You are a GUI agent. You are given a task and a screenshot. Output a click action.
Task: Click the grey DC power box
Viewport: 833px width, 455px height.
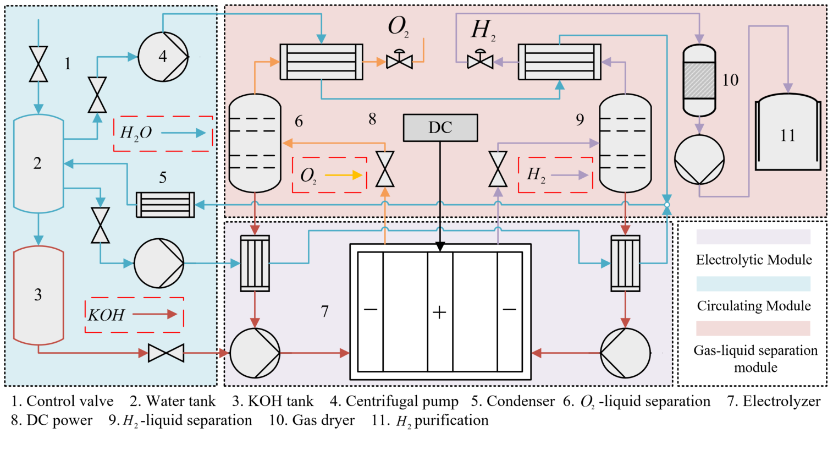click(x=440, y=128)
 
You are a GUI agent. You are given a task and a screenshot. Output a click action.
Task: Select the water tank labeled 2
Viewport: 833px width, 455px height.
click(x=38, y=163)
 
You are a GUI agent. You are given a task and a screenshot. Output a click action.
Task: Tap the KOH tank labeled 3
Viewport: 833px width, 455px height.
click(x=38, y=295)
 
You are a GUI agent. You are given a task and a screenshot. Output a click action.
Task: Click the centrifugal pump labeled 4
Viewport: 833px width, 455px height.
click(x=163, y=57)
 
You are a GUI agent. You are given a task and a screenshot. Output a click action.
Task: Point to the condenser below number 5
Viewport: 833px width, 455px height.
click(x=165, y=205)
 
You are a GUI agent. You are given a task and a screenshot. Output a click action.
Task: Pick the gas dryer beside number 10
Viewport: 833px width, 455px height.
click(x=699, y=80)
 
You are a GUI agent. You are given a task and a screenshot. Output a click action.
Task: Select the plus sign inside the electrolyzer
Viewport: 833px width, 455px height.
click(x=439, y=313)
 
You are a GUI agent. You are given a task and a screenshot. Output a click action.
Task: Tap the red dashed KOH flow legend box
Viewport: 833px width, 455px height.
click(x=134, y=315)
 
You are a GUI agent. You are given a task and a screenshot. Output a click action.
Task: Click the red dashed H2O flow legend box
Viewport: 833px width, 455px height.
click(x=163, y=133)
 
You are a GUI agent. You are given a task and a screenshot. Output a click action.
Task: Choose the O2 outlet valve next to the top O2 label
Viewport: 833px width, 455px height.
click(x=399, y=61)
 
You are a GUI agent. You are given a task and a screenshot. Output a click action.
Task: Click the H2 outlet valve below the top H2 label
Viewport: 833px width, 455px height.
click(x=480, y=61)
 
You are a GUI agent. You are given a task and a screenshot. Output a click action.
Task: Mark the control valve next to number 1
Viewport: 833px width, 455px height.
click(x=38, y=64)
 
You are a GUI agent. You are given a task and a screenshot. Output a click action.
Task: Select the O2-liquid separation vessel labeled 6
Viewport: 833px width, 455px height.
click(x=255, y=143)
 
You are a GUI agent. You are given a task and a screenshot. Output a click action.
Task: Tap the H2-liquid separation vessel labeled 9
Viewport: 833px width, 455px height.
click(x=625, y=143)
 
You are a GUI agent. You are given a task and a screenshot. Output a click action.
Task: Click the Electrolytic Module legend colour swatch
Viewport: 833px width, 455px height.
click(x=753, y=237)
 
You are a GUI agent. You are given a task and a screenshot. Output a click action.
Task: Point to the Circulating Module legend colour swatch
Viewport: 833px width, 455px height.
click(x=753, y=283)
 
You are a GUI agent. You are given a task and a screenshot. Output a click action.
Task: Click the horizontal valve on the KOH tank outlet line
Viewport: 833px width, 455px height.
click(x=166, y=353)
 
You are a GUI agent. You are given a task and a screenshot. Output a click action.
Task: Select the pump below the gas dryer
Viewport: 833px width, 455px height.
click(x=699, y=160)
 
